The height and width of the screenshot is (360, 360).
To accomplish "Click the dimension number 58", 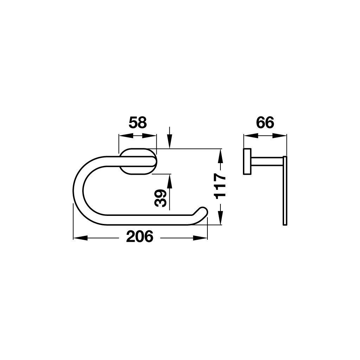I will [x=137, y=123].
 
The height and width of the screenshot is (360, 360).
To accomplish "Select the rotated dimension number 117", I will [x=220, y=186].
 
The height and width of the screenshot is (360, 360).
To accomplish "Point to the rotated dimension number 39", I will [x=161, y=198].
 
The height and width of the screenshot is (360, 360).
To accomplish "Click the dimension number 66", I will [x=265, y=123].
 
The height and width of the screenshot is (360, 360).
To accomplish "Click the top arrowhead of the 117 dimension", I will [x=220, y=155].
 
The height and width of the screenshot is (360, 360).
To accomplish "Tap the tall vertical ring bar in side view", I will [x=285, y=190].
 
